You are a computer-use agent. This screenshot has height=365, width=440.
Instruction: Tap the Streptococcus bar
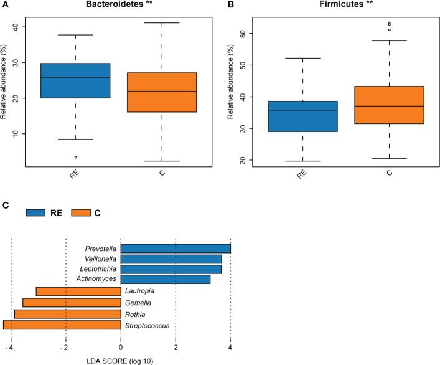pyautogui.click(x=62, y=325)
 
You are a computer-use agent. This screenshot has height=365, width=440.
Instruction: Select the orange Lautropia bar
pyautogui.click(x=78, y=291)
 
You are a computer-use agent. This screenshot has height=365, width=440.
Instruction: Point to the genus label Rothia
pyautogui.click(x=135, y=313)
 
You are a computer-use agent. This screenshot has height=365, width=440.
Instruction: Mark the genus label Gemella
pyautogui.click(x=138, y=302)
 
